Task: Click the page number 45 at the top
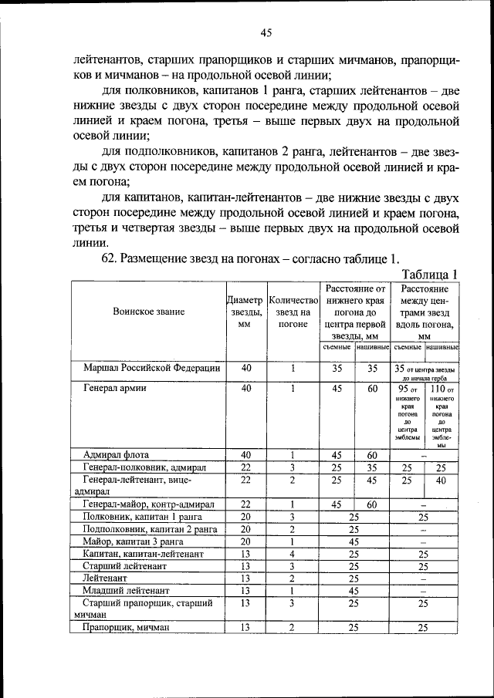[266, 32]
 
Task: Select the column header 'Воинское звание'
[148, 312]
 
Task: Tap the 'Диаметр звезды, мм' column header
[245, 312]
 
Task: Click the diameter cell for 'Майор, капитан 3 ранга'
[245, 542]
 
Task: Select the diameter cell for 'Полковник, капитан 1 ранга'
[245, 517]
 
